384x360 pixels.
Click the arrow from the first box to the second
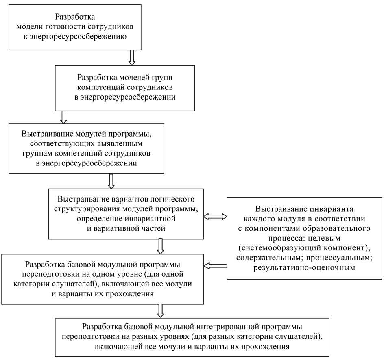click(x=131, y=57)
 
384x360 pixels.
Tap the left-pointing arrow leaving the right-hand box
click(x=214, y=266)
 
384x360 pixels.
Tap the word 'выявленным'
click(x=120, y=144)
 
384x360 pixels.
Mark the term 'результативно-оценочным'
click(x=304, y=267)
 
